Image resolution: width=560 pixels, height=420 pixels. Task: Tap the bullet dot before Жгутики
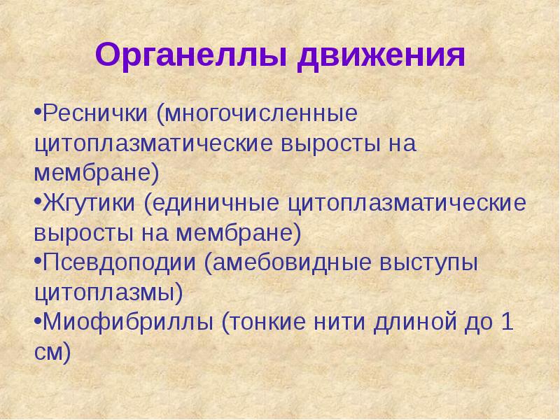click(x=37, y=204)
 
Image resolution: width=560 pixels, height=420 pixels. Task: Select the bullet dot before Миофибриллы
click(x=37, y=324)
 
